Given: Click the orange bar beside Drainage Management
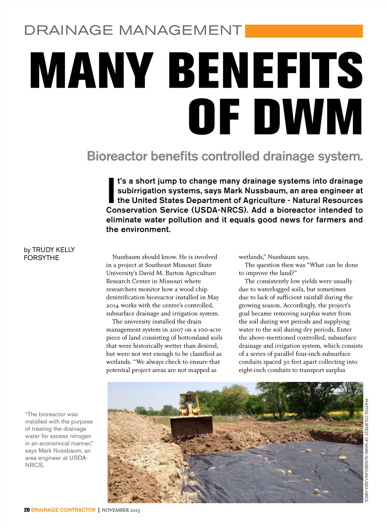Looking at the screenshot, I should (x=304, y=31).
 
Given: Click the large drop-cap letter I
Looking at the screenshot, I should (x=111, y=190).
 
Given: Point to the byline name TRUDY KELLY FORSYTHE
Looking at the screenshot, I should (x=49, y=254).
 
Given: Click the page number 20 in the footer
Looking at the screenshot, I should (x=26, y=510).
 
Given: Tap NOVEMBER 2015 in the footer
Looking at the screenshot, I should (x=121, y=510).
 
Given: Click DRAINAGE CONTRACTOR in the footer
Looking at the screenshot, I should (x=63, y=510).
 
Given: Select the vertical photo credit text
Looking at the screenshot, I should (x=366, y=450).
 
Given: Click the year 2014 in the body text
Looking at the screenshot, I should (x=112, y=305).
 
